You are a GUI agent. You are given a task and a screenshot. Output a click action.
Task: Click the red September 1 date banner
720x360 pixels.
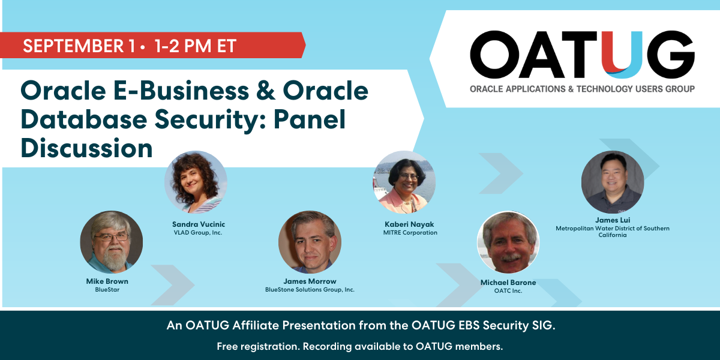point(152,45)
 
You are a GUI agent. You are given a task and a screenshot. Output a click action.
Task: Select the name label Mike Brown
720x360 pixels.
point(107,281)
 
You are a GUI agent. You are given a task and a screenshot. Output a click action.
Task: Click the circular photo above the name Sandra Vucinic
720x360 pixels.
point(196,182)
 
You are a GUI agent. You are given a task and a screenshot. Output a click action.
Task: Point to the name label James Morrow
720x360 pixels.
point(310,281)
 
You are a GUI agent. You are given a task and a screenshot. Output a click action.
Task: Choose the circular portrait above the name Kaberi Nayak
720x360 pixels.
point(404,182)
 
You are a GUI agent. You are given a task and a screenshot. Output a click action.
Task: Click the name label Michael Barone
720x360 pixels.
point(508,283)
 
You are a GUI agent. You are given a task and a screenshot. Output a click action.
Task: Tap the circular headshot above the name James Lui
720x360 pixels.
point(613,182)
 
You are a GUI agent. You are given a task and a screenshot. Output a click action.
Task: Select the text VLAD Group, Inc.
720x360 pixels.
point(198,233)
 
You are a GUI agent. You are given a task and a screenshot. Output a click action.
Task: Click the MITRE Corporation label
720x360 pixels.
point(410,233)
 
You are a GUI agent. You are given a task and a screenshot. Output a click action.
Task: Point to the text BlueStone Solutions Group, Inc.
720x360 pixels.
point(310,290)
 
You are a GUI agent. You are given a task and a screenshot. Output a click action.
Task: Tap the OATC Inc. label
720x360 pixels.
point(508,291)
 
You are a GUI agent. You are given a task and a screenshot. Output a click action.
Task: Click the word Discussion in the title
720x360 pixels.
point(87,148)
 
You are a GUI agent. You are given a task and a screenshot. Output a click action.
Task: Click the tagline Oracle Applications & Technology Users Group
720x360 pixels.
point(582,89)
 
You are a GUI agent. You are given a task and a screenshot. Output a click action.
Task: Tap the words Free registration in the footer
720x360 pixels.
point(259,347)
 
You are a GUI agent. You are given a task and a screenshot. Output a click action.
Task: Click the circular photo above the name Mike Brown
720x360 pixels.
point(112,242)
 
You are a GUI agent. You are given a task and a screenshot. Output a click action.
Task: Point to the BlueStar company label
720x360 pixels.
point(107,290)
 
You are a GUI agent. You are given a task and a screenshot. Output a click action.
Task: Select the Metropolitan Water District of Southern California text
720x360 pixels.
point(613,232)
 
